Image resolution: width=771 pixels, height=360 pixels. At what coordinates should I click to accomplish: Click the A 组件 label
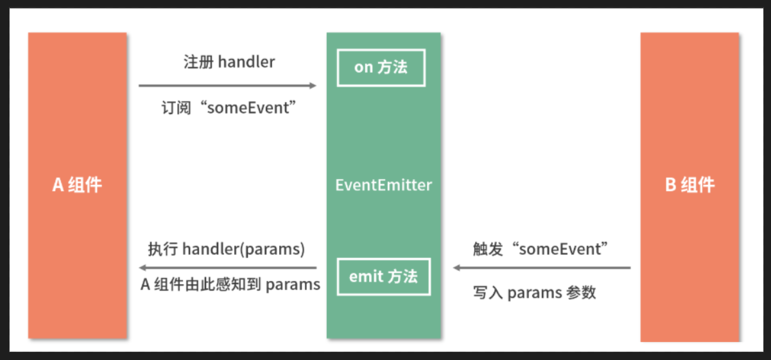[x=77, y=185]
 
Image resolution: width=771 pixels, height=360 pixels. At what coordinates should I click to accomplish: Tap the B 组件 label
[x=689, y=185]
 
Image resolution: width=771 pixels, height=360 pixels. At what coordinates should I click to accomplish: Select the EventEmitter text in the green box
[x=383, y=185]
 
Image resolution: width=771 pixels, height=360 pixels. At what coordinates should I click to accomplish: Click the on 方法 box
[x=381, y=67]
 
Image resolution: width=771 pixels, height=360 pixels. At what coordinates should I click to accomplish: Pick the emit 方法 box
[x=383, y=277]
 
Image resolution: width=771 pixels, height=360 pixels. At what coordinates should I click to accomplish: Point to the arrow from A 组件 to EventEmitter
[x=228, y=85]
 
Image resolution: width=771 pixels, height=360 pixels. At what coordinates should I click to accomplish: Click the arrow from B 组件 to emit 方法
[x=542, y=268]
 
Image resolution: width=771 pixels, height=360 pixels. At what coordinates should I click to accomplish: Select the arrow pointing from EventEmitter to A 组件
[x=228, y=268]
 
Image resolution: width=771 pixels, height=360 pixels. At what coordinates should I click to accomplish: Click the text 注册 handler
[x=229, y=62]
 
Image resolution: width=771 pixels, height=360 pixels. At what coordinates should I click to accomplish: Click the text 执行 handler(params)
[x=226, y=249]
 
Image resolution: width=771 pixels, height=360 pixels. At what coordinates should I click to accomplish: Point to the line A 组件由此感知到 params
[x=230, y=284]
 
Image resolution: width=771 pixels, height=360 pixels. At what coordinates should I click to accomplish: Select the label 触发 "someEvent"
[x=541, y=249]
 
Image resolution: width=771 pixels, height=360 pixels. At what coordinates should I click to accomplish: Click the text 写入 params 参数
[x=535, y=293]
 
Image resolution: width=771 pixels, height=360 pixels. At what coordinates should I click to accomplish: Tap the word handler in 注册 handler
[x=247, y=62]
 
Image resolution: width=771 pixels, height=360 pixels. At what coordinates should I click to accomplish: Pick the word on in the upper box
[x=363, y=67]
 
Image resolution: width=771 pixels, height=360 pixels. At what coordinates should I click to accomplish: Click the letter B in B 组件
[x=670, y=185]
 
